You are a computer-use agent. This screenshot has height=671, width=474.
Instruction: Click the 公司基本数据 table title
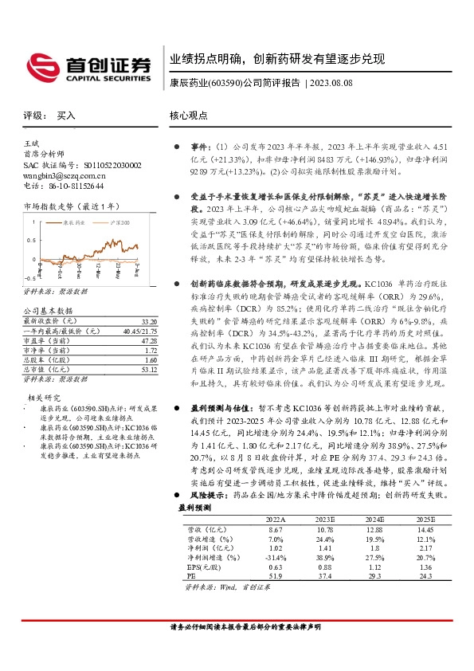pos(49,310)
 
